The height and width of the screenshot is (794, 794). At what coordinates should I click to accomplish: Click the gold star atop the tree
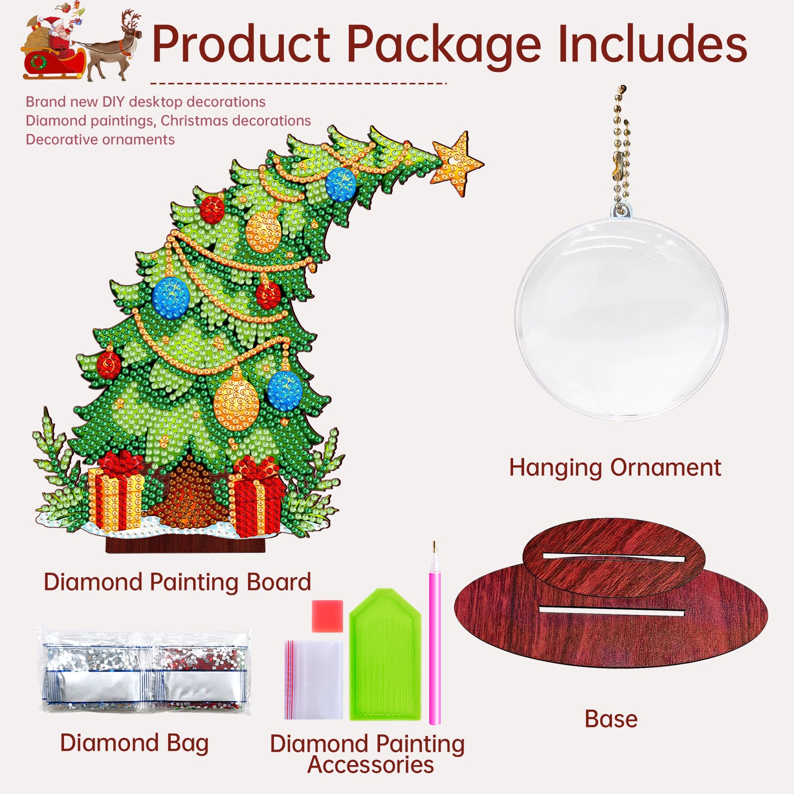point(456,164)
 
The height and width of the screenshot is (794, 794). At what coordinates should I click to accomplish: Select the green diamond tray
point(385,655)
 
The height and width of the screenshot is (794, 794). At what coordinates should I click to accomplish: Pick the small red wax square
point(328,616)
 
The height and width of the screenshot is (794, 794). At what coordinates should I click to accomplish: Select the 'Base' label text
point(611,719)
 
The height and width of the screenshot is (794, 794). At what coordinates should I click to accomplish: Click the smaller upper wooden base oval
point(614,557)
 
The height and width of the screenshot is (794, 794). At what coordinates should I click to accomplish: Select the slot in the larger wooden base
point(611,611)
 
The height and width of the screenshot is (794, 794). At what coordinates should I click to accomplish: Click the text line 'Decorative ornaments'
point(100,140)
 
